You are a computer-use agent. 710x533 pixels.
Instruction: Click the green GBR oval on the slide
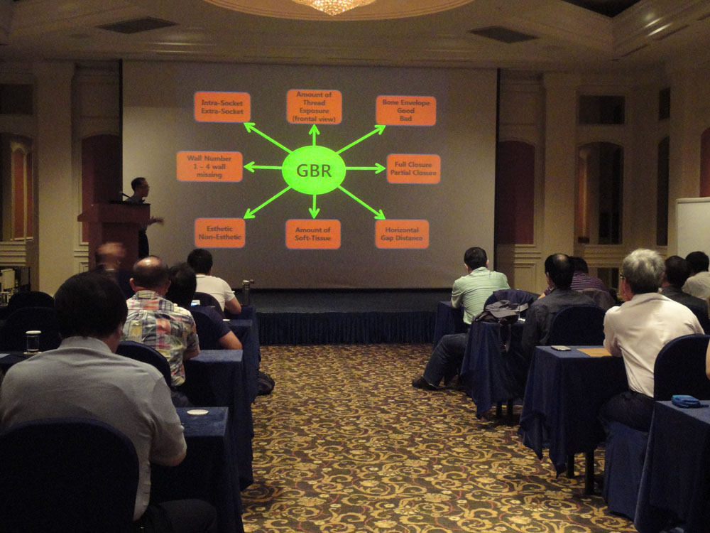[x=313, y=170]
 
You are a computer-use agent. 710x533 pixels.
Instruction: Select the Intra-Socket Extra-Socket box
[x=222, y=107]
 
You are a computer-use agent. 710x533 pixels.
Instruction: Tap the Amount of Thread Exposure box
[x=314, y=107]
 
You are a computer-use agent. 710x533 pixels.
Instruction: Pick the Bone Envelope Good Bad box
[x=405, y=110]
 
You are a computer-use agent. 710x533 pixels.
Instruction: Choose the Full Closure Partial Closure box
[x=413, y=168]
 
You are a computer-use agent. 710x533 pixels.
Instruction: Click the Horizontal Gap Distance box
[x=402, y=234]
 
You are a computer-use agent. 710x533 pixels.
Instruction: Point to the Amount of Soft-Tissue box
[x=313, y=234]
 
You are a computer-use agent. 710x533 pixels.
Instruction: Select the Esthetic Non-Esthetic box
[x=219, y=233]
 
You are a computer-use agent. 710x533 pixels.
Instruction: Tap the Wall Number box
[x=209, y=166]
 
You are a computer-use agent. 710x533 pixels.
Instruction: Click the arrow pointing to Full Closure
[x=366, y=168]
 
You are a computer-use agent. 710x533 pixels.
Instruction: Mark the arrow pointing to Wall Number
[x=263, y=167]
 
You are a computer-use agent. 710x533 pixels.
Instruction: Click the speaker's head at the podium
[x=139, y=185]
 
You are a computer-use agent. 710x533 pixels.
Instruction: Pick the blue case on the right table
[x=686, y=401]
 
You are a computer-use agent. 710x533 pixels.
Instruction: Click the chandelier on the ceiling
[x=333, y=6]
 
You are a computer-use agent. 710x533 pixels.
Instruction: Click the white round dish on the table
[x=197, y=412]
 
